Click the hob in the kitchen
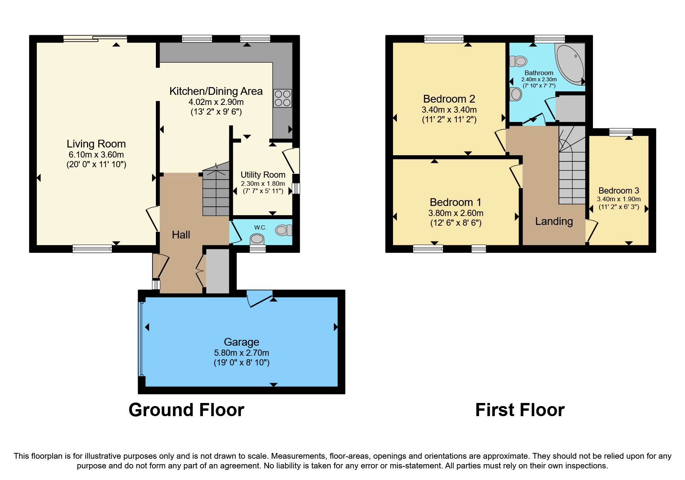point(282,98)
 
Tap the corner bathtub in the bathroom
point(570,63)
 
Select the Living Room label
point(96,144)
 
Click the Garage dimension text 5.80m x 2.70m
point(241,353)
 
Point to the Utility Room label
point(263,175)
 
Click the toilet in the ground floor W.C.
point(284,230)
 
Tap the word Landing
point(553,221)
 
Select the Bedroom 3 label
point(618,190)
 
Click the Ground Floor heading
point(186,410)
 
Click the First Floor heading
point(519,410)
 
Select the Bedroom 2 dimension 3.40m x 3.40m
point(449,110)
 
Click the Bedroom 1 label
point(455,202)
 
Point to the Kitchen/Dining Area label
point(216,91)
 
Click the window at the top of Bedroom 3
point(620,132)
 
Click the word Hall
point(181,235)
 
